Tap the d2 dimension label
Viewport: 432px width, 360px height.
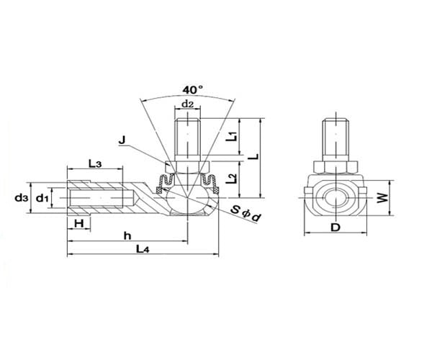point(188,104)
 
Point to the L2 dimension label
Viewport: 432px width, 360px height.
point(232,180)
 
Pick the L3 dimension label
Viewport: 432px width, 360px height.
point(95,164)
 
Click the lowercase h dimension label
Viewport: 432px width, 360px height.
point(127,234)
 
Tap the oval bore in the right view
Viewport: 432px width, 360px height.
point(336,197)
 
